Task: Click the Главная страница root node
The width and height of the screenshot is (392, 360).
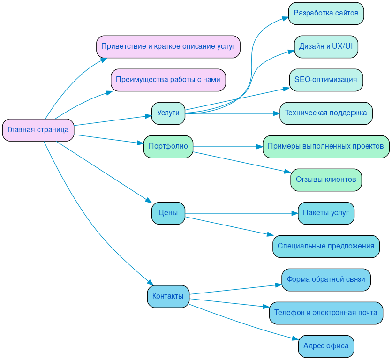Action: coord(38,130)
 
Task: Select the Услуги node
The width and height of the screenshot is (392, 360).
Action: coord(168,113)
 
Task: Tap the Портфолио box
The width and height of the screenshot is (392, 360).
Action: coord(168,146)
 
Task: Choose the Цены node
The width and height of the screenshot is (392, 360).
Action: coord(168,213)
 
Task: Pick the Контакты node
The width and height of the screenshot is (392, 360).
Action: coord(168,296)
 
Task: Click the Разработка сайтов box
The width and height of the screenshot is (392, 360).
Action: coord(326,13)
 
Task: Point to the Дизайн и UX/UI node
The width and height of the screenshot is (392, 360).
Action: coord(326,46)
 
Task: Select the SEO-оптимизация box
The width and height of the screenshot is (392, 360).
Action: coord(326,80)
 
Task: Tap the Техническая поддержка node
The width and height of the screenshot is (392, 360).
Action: coord(326,113)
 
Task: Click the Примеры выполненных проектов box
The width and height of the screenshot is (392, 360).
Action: coord(326,146)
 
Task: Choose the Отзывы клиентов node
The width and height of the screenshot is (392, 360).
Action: coord(326,180)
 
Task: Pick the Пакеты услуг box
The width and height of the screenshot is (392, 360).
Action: coord(326,213)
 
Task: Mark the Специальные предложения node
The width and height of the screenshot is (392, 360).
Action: coord(326,246)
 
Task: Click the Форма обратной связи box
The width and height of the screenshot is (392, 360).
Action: coord(326,279)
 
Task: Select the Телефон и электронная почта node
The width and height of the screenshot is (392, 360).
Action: coord(326,313)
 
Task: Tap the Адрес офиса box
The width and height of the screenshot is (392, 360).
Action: coord(326,346)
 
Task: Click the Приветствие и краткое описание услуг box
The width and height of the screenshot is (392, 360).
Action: coord(168,46)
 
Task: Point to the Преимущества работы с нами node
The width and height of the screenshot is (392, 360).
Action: coord(168,80)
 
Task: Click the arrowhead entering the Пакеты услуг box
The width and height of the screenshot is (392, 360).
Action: coord(294,213)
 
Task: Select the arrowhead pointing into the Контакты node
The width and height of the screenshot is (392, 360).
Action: coord(151,282)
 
